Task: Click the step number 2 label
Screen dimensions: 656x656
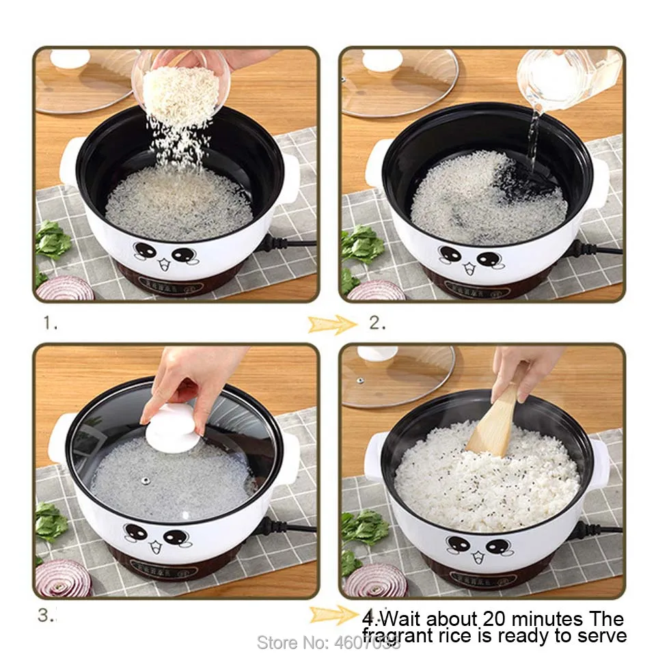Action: click(x=377, y=323)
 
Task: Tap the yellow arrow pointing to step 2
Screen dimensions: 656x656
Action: click(x=332, y=324)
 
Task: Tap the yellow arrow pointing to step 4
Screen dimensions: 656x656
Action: click(x=332, y=615)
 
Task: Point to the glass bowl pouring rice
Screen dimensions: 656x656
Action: click(x=180, y=82)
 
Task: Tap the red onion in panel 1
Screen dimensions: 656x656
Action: click(x=65, y=288)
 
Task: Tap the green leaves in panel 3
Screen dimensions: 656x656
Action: click(x=51, y=523)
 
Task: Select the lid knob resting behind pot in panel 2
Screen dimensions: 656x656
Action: click(x=383, y=60)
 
